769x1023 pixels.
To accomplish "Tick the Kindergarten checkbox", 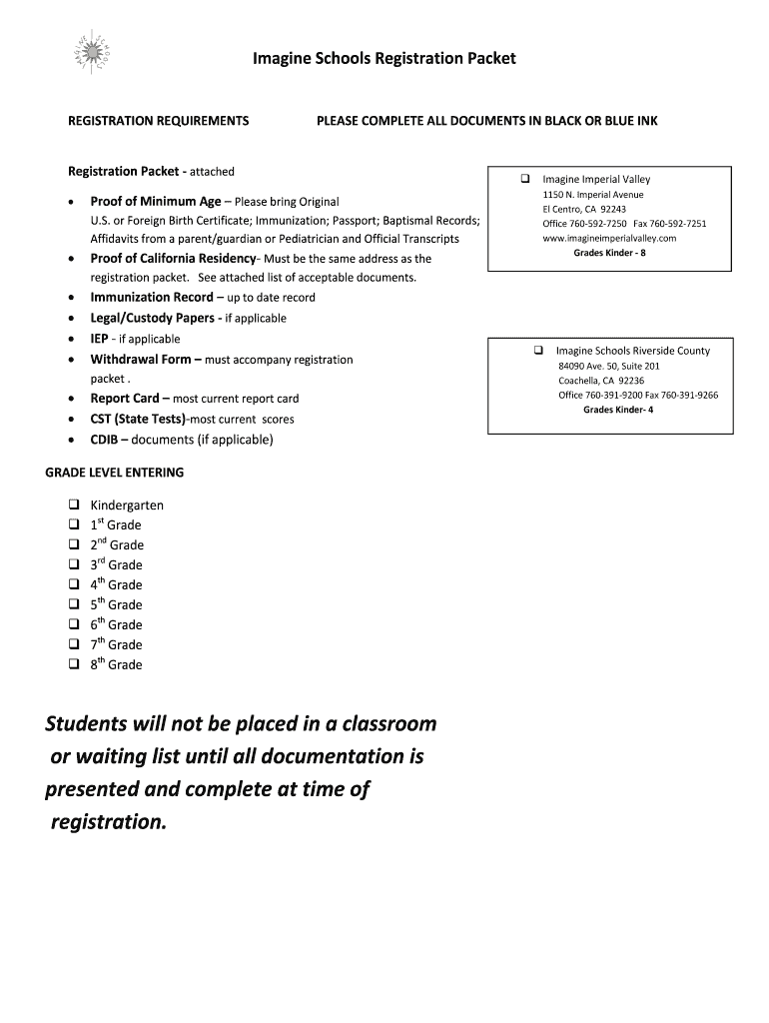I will [73, 505].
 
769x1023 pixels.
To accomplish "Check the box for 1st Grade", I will [73, 524].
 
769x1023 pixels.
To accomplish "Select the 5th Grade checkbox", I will [73, 604].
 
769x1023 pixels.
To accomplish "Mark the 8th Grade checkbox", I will [73, 664].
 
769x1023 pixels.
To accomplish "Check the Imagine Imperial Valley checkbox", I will [523, 180].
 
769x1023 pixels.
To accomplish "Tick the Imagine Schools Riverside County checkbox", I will [537, 351].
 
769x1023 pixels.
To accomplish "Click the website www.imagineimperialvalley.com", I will [609, 239].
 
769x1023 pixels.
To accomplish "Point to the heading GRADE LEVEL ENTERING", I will [114, 473].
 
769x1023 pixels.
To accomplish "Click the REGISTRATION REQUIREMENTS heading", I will [158, 121].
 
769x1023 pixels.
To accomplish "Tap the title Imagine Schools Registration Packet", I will [384, 59].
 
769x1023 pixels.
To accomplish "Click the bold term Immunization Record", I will [152, 298].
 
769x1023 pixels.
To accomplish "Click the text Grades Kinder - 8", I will [609, 254].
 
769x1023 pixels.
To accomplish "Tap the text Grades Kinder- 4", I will [618, 410].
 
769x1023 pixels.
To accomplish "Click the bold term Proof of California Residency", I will [173, 259].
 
